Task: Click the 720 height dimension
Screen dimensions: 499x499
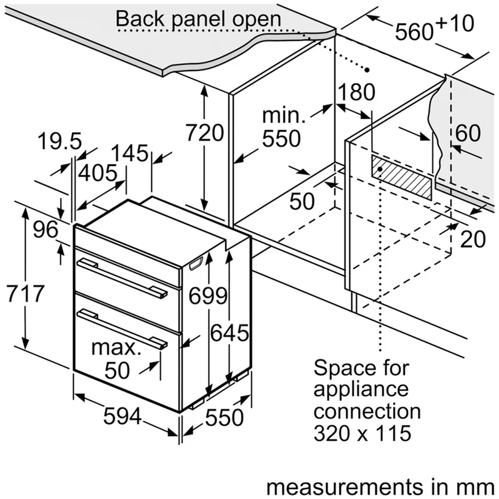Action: point(205,133)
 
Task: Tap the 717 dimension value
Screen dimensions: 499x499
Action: point(26,293)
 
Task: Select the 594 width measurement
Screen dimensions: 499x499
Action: point(122,416)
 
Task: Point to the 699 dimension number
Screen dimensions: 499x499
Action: point(208,296)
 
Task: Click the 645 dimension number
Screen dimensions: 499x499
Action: point(230,333)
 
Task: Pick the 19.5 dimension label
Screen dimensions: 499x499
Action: point(60,141)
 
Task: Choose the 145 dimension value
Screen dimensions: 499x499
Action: point(130,153)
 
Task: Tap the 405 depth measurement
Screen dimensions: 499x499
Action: point(98,173)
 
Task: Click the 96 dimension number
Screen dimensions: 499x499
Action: point(46,230)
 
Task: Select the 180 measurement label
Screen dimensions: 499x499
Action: point(356,92)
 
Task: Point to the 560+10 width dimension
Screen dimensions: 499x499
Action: point(434,27)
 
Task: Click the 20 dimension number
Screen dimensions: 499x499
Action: point(473,239)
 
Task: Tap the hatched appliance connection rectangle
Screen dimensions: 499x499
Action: point(402,177)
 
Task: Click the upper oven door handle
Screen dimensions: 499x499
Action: point(122,277)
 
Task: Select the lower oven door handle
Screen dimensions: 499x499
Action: point(122,329)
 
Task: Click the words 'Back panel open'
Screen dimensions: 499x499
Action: point(198,19)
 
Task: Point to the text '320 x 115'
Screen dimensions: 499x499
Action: point(362,433)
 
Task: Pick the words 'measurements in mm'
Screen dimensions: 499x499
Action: point(380,487)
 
